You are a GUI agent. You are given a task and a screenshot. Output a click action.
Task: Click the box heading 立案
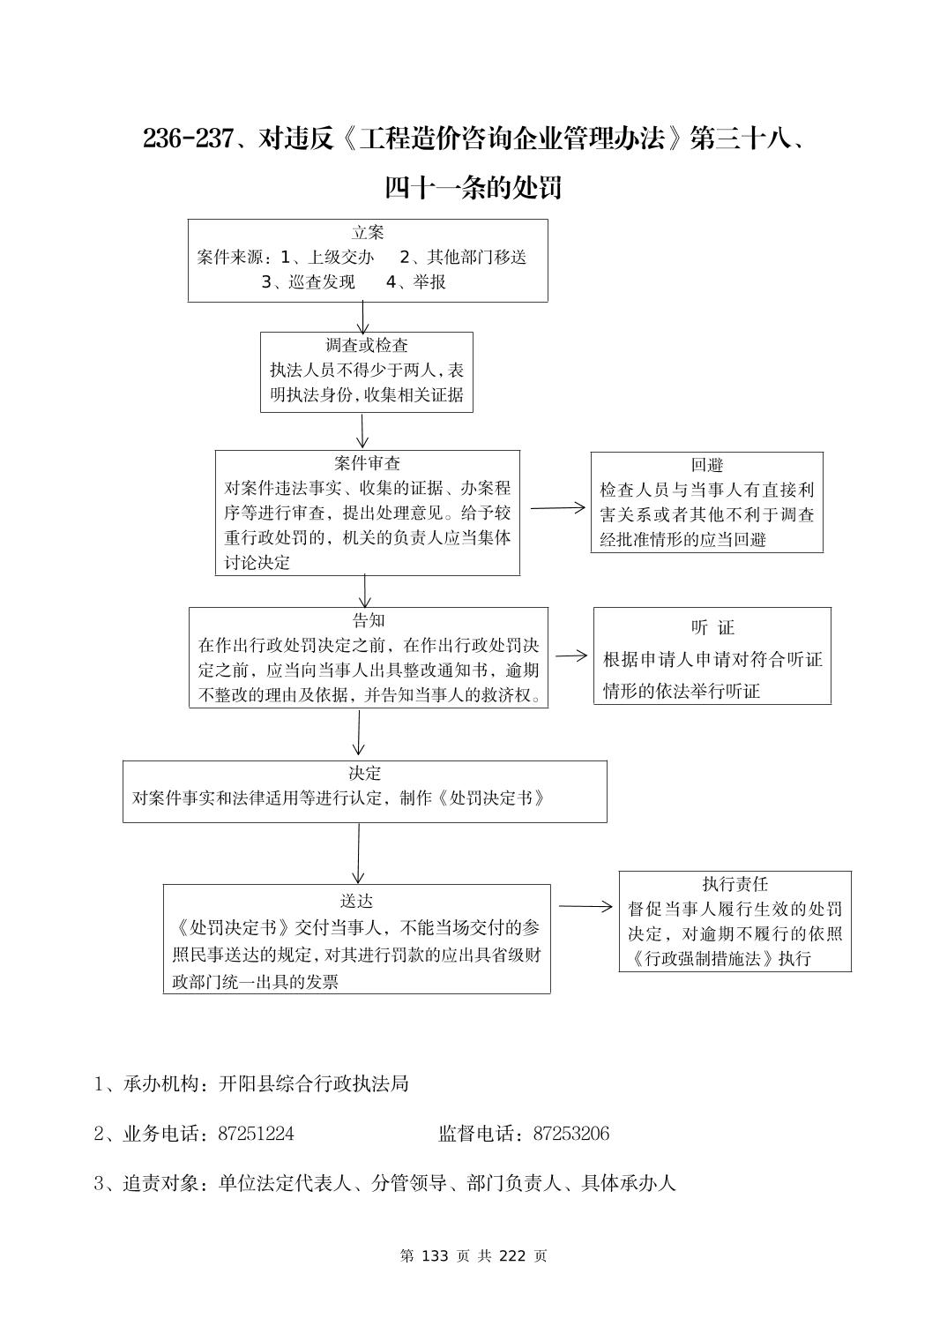point(368,233)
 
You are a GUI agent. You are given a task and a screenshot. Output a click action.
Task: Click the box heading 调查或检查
point(367,346)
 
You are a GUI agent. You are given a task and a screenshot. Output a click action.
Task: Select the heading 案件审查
point(367,463)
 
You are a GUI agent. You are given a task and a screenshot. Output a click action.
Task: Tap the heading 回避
point(706,466)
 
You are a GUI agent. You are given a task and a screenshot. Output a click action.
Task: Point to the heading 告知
point(368,620)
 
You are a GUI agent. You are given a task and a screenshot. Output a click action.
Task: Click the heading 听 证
point(712,628)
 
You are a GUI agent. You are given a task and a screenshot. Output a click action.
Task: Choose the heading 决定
point(364,774)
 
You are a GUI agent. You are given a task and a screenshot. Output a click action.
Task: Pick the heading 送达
point(356,901)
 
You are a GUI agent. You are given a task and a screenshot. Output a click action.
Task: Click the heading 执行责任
point(734,884)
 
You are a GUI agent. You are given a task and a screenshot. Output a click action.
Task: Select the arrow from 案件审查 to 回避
point(556,507)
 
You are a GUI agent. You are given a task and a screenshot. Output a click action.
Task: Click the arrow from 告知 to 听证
point(570,656)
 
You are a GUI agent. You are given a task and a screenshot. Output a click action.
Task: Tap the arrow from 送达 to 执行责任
point(585,906)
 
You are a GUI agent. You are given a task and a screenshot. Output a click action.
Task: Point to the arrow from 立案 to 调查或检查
point(362,317)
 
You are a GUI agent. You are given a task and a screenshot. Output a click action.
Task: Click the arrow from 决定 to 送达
point(358,852)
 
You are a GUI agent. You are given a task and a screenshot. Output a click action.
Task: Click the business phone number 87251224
point(256,1134)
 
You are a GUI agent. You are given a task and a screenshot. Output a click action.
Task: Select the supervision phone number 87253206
point(571,1134)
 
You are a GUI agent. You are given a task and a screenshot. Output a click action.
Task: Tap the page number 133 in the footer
point(436,1256)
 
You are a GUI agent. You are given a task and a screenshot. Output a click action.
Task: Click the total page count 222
point(511,1256)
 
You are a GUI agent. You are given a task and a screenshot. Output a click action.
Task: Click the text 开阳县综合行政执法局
point(313,1083)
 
